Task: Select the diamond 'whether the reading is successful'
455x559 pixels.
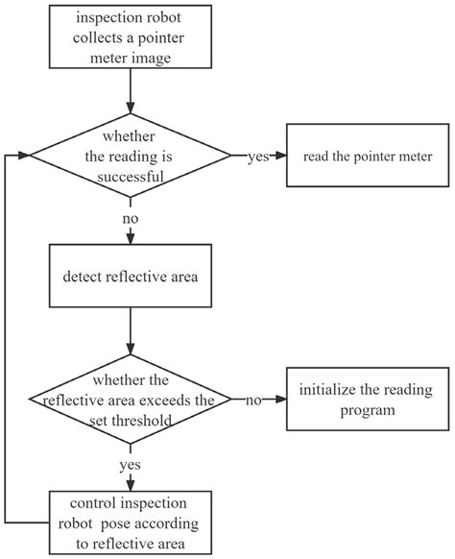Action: (130, 156)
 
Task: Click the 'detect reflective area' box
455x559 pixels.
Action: (130, 278)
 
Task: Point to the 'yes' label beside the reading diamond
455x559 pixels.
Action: (257, 157)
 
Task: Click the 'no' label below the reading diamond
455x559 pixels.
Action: (130, 218)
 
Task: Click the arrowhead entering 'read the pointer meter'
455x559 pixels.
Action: (282, 156)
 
